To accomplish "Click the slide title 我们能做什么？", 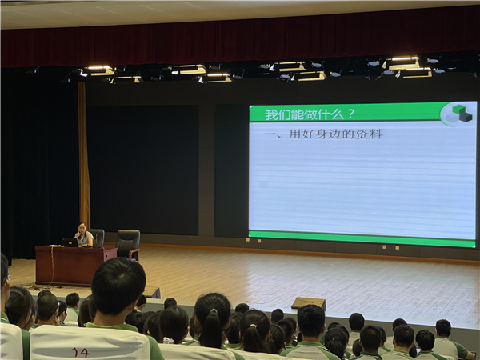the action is (310, 114).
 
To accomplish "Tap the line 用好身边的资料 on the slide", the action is (335, 134).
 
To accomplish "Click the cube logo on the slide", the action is (458, 114).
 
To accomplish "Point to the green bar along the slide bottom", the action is (362, 238).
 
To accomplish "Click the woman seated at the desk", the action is (83, 234).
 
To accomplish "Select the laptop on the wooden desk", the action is (70, 242).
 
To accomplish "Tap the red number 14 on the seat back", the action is (80, 352).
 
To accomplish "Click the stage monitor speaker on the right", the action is (309, 303).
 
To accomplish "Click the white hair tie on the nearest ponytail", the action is (214, 311).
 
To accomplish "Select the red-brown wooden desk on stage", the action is (76, 266).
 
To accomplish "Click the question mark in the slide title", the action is (351, 114).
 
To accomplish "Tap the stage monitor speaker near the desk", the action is (151, 293).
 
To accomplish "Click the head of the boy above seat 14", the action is (118, 286).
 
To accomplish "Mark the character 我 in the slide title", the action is (270, 114).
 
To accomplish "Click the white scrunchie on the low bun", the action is (168, 340).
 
